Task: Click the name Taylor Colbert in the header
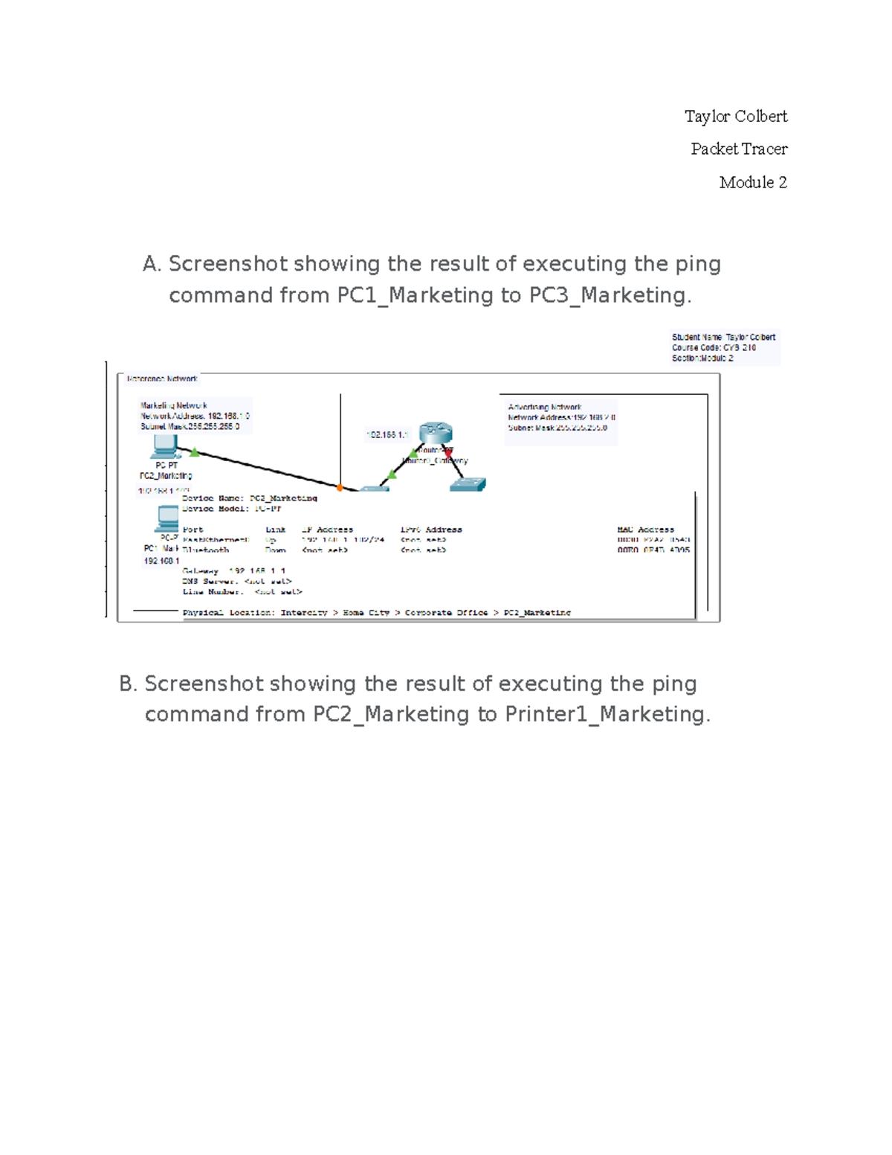[735, 116]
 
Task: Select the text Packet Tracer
[738, 149]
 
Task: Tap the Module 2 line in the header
[752, 182]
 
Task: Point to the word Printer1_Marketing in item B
[605, 714]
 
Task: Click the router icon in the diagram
[436, 432]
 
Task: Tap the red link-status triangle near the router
[448, 451]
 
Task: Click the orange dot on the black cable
[340, 488]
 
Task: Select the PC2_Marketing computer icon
[164, 447]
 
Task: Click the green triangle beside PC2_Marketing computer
[195, 451]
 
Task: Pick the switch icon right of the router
[468, 484]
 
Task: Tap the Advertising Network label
[544, 407]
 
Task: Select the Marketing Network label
[174, 405]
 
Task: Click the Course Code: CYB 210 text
[714, 347]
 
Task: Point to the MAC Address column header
[645, 530]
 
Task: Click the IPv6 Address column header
[431, 530]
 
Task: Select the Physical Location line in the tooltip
[376, 613]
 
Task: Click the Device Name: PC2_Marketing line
[250, 498]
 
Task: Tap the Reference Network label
[162, 379]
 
